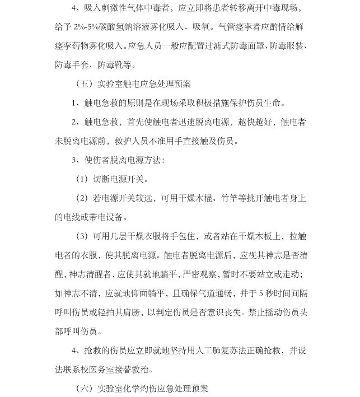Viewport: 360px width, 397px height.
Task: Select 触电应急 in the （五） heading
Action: click(x=138, y=84)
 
